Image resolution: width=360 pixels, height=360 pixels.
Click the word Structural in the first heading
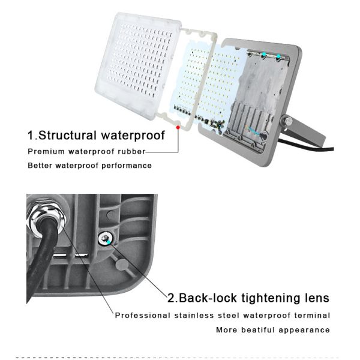pyautogui.click(x=71, y=134)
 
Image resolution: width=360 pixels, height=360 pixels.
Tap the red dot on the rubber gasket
pyautogui.click(x=178, y=127)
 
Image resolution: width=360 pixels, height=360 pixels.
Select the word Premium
pyautogui.click(x=45, y=151)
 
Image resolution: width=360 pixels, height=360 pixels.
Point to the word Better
pyautogui.click(x=41, y=165)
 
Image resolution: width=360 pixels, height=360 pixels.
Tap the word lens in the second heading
pyautogui.click(x=316, y=298)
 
